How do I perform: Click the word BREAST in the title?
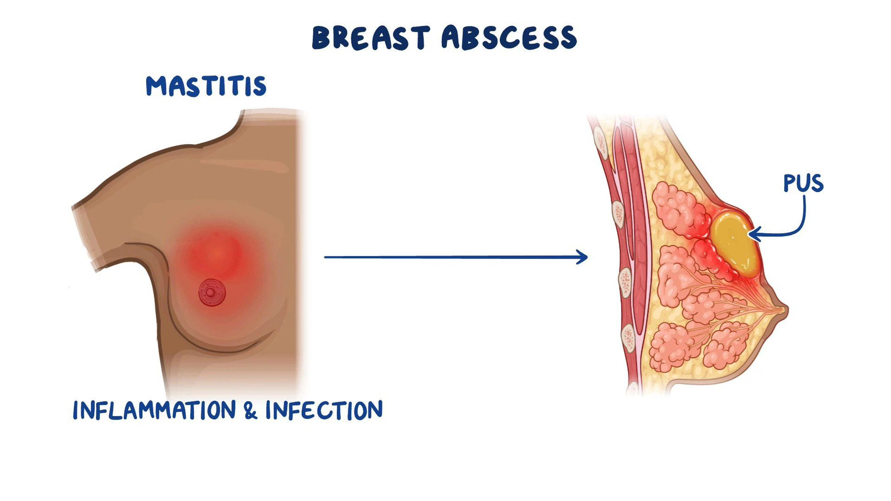coord(371,37)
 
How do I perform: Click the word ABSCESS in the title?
coord(509,37)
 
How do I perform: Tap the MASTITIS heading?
coord(206,86)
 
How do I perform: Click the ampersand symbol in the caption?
coord(251,410)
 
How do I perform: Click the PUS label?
coord(803,183)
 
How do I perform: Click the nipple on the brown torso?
coord(212,293)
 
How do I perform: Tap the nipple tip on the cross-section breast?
coord(786,309)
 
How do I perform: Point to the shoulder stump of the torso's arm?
coord(85,237)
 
